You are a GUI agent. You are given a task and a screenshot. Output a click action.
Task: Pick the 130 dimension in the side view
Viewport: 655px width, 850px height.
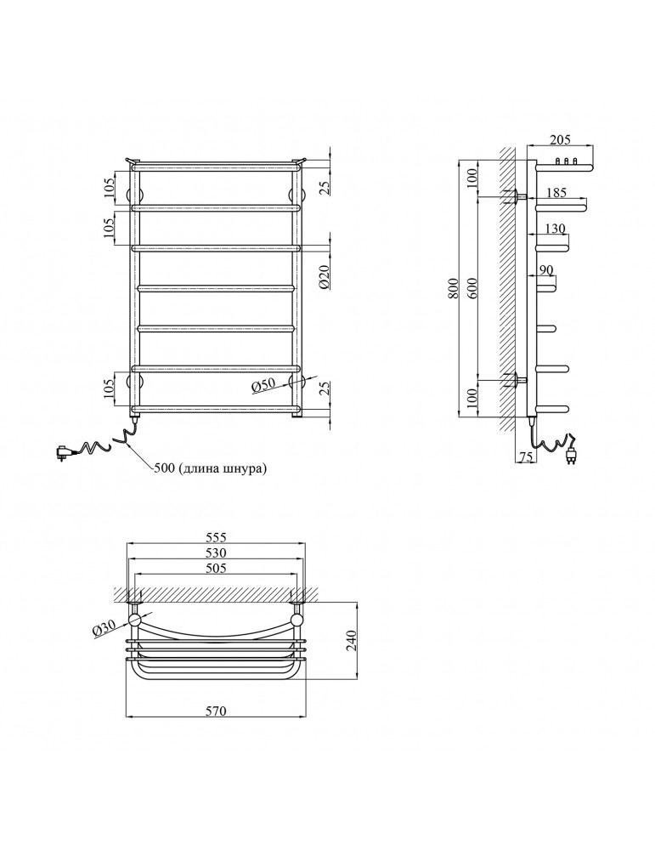click(555, 229)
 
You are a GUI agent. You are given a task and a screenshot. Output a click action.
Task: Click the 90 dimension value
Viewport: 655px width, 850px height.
click(545, 270)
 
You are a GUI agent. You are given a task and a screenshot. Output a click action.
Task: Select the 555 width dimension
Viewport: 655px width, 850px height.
click(216, 537)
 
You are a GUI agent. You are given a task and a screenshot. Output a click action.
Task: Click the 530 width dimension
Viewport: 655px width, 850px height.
click(216, 553)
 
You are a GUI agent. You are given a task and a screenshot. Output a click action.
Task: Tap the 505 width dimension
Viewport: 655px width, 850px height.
click(216, 569)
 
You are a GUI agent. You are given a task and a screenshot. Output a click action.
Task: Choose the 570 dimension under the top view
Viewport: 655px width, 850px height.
click(216, 711)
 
